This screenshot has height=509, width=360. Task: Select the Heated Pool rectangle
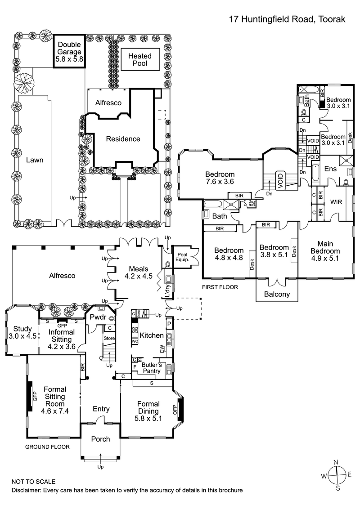[140, 60]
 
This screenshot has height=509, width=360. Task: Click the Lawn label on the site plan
[34, 160]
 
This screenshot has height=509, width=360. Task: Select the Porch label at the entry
[100, 438]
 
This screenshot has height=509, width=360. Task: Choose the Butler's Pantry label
[151, 368]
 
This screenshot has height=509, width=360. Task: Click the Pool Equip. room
[183, 257]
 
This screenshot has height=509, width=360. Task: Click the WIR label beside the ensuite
[336, 202]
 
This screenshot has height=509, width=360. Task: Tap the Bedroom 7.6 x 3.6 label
[220, 178]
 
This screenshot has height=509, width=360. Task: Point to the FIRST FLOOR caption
[220, 286]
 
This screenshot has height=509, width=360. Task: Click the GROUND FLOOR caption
[47, 446]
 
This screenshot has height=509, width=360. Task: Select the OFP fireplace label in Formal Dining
[175, 410]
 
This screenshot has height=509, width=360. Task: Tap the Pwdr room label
[98, 317]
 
